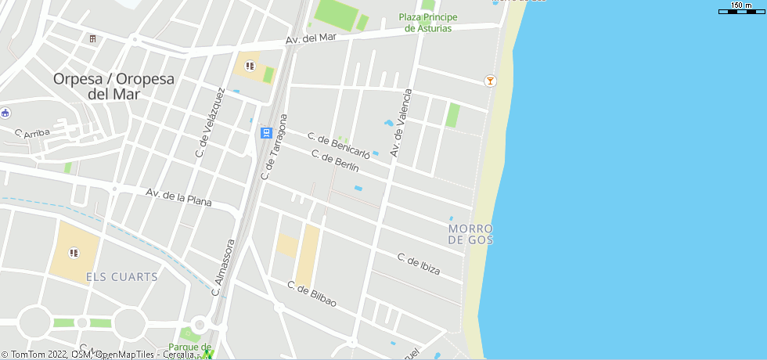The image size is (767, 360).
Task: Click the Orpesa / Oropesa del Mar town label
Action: point(113,86)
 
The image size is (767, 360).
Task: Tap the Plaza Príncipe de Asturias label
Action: point(427,23)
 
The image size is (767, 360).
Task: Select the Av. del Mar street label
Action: point(311,38)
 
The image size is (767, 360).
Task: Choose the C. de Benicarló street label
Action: point(337,145)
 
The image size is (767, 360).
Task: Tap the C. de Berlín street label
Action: point(335,161)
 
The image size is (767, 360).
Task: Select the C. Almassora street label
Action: point(224,268)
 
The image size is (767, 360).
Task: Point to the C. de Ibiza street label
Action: point(418,265)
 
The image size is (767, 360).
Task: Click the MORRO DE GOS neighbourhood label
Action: point(471,234)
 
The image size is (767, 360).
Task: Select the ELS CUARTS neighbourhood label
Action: point(121,277)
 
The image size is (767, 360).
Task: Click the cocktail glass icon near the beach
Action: point(490,81)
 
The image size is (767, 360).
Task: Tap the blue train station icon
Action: point(266,133)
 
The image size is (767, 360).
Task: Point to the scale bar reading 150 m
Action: point(741,8)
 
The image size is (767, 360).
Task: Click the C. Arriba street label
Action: point(31,134)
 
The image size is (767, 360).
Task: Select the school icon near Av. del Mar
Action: point(250,66)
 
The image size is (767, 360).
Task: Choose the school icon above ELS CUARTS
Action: point(74,252)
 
